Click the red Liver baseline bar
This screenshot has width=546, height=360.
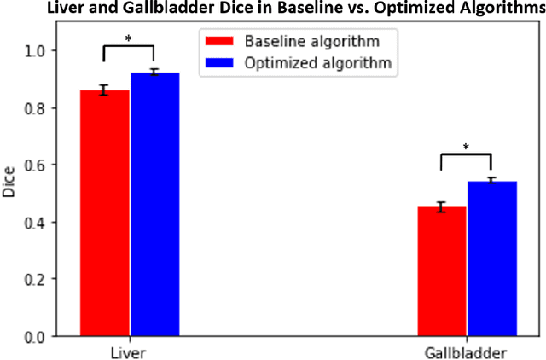(x=105, y=213)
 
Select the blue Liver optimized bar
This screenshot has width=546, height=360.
(x=154, y=205)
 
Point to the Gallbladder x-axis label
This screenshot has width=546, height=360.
(x=467, y=351)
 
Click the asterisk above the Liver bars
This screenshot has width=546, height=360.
(x=129, y=38)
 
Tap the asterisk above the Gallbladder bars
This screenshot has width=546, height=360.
(x=467, y=147)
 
